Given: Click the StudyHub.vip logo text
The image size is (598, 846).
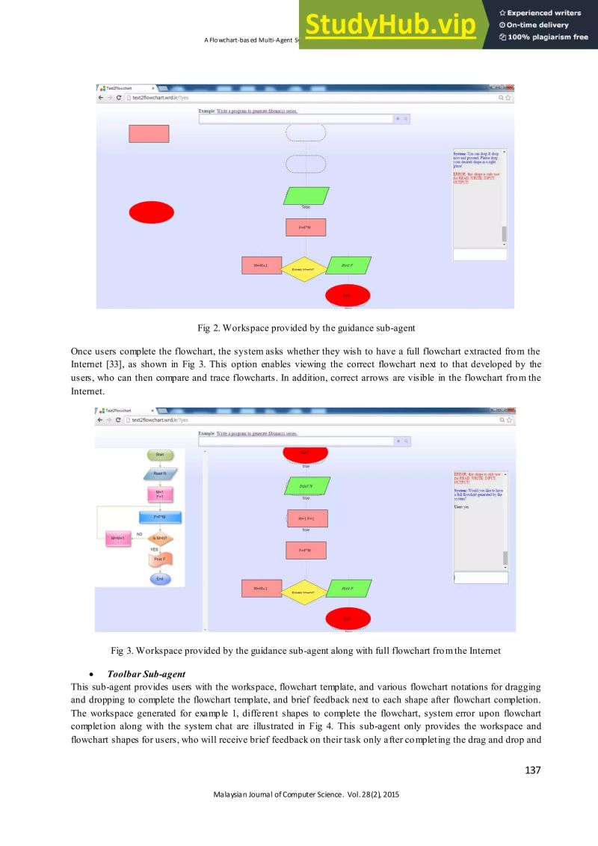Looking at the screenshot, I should pyautogui.click(x=389, y=25).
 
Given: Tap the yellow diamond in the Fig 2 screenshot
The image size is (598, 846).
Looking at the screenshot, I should pyautogui.click(x=303, y=269).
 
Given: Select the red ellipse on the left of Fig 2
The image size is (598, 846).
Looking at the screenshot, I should pyautogui.click(x=151, y=212).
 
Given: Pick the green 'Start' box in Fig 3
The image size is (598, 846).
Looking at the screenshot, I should pyautogui.click(x=159, y=454).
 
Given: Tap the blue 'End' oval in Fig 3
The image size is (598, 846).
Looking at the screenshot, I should pyautogui.click(x=160, y=578).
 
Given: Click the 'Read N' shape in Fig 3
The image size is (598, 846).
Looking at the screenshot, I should pyautogui.click(x=160, y=473).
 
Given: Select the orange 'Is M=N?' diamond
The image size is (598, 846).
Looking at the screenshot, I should pyautogui.click(x=160, y=538).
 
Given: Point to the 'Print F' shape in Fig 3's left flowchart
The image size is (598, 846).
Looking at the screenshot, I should pyautogui.click(x=160, y=559).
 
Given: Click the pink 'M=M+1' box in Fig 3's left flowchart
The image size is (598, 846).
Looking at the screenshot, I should pyautogui.click(x=117, y=538).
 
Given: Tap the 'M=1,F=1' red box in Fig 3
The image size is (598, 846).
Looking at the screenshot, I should pyautogui.click(x=306, y=518).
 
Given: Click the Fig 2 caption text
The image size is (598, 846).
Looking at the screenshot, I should pyautogui.click(x=305, y=328).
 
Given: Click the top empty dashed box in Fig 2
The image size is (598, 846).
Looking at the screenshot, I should pyautogui.click(x=306, y=133).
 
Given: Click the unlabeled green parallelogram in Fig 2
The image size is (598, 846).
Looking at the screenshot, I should pyautogui.click(x=306, y=196).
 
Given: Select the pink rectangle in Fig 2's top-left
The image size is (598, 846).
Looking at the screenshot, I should pyautogui.click(x=149, y=134).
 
